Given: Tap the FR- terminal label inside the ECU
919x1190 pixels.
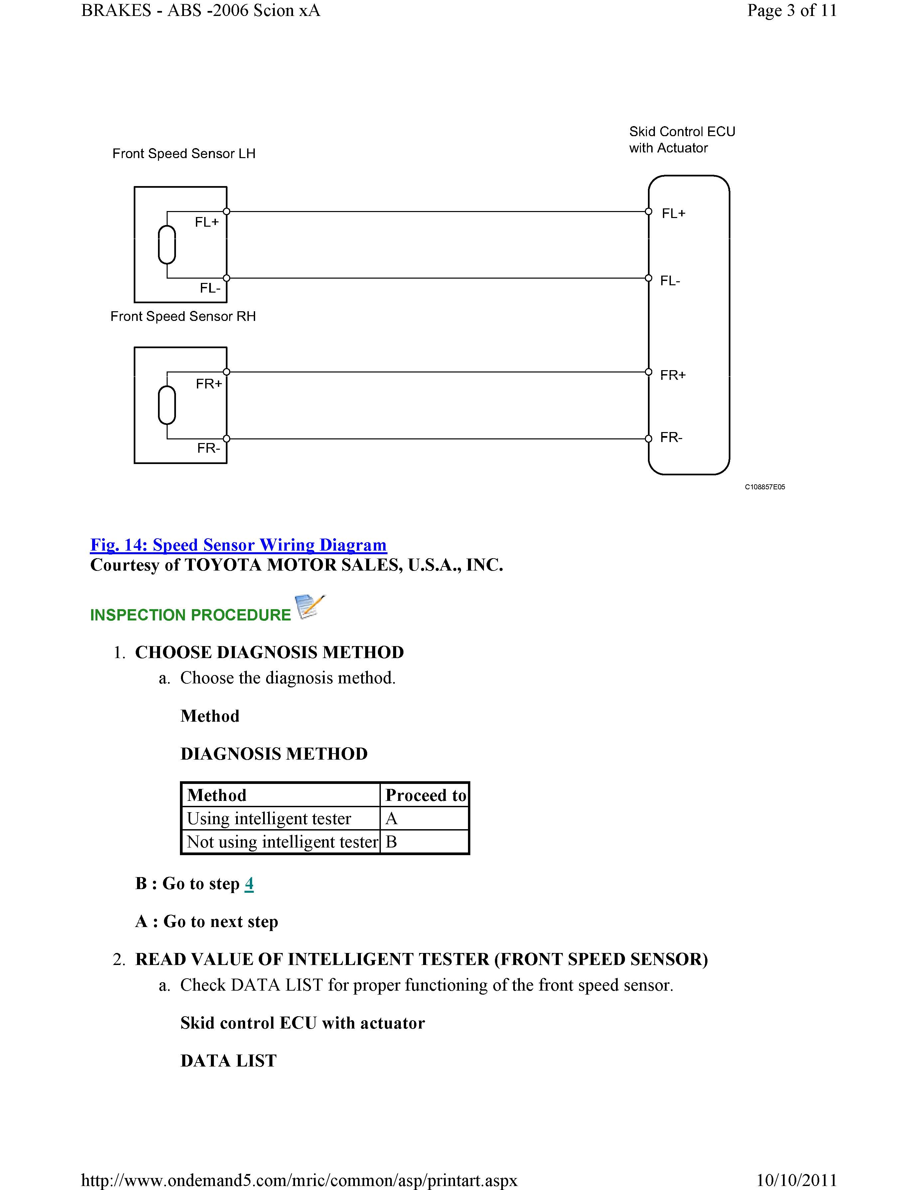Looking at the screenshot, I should (x=671, y=437).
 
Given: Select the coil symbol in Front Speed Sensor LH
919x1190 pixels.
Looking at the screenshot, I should (x=167, y=245).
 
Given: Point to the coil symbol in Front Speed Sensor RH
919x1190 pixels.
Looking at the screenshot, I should (x=167, y=405).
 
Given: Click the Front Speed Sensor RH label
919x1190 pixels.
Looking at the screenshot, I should (x=183, y=317).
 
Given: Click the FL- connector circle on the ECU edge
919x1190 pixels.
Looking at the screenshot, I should (x=648, y=278).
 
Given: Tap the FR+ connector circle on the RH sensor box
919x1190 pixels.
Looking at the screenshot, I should (x=227, y=372).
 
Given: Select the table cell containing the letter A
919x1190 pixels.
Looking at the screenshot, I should (x=423, y=819).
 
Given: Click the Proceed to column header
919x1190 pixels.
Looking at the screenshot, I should (x=425, y=795).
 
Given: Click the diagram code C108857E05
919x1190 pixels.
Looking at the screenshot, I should (x=765, y=487).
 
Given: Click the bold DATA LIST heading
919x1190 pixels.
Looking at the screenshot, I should (x=229, y=1061).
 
